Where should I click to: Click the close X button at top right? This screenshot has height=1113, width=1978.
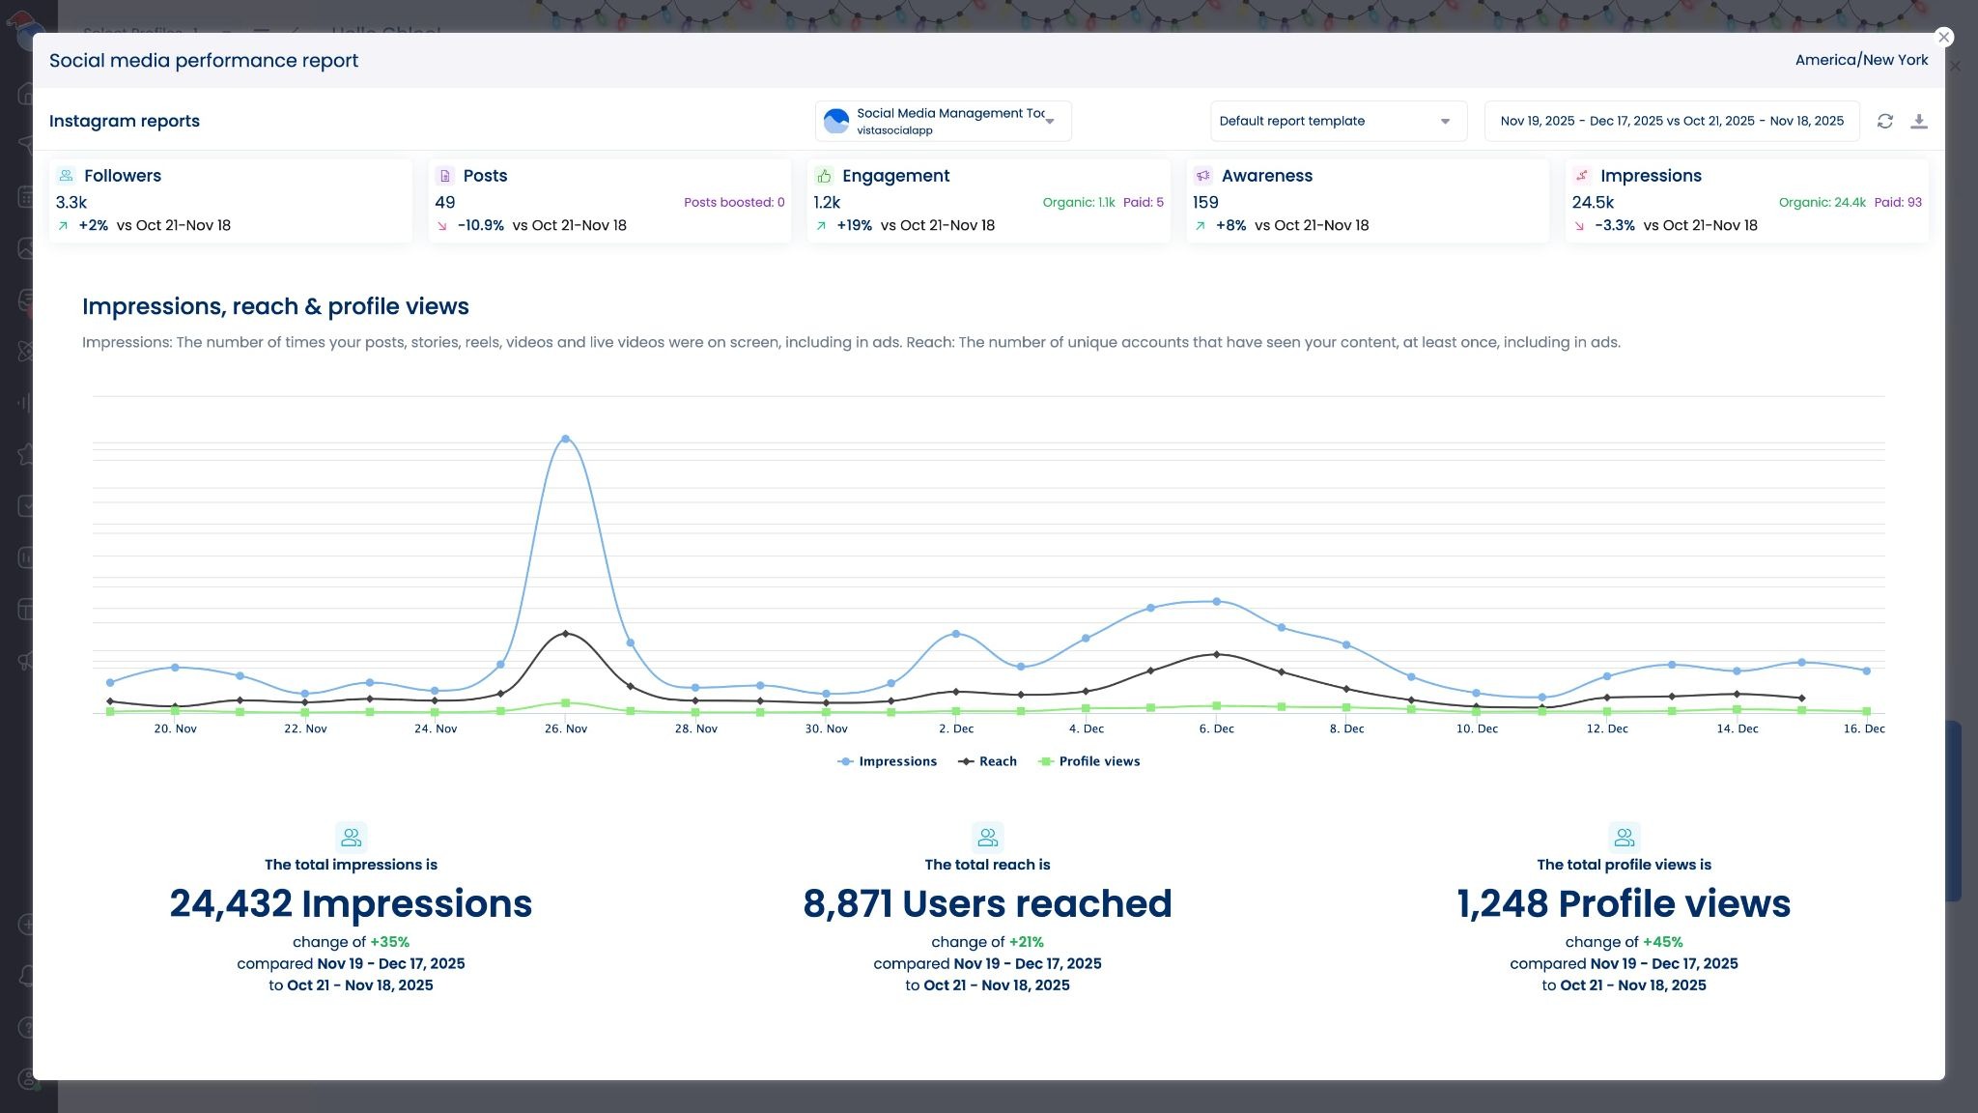tap(1944, 37)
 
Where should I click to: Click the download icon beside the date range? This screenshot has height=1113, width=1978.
tap(1919, 121)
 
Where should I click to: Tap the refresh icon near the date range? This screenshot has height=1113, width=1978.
tap(1884, 121)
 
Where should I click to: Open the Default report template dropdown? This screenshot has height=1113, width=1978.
tap(1338, 121)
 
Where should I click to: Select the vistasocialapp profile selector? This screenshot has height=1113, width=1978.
tap(943, 121)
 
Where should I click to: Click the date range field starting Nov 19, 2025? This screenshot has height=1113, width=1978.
tap(1671, 121)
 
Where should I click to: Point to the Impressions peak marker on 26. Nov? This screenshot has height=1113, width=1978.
tap(565, 439)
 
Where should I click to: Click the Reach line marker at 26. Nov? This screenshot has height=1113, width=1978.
tap(565, 634)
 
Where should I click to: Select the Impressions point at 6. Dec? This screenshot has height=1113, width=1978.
tap(1216, 601)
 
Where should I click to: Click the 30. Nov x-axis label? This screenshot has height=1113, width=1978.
tap(826, 728)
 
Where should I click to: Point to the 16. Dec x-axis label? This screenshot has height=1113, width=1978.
tap(1863, 728)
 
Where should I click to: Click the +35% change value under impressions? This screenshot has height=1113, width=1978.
tap(389, 942)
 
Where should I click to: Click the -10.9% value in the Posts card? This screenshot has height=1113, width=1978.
tap(480, 225)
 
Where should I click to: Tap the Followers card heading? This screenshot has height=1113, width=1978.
tap(122, 176)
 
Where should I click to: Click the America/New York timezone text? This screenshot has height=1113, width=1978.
tap(1860, 60)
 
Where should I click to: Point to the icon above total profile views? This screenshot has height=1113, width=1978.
tap(1624, 837)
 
